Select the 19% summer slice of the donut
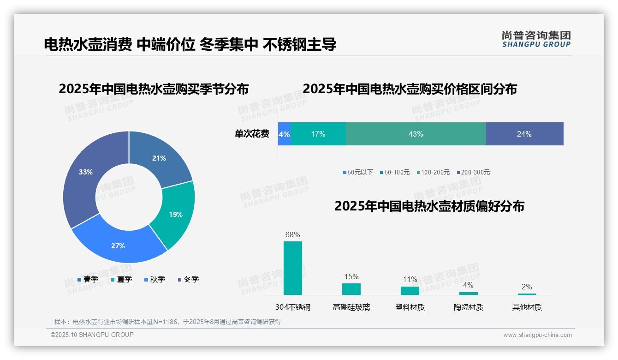175,214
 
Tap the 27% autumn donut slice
118,246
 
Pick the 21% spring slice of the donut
159,158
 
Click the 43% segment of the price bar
416,134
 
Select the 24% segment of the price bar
524,134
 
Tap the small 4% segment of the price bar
284,134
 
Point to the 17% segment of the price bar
318,134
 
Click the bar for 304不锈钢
292,268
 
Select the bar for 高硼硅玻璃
351,289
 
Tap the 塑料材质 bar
410,291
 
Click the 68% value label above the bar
292,234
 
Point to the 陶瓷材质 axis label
468,307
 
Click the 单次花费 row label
252,134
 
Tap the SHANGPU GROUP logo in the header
536,39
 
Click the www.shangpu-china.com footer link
537,335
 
